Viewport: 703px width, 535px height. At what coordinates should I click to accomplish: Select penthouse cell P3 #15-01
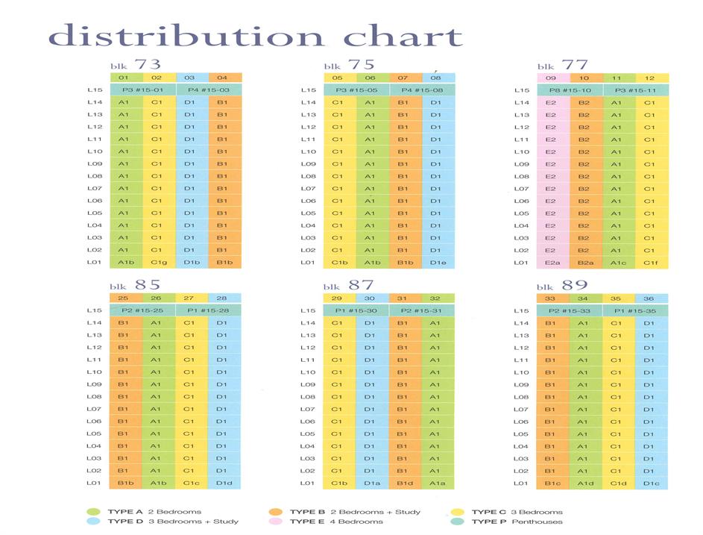pyautogui.click(x=144, y=90)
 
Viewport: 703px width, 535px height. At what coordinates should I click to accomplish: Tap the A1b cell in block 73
pyautogui.click(x=127, y=263)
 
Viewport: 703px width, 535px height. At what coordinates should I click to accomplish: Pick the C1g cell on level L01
pyautogui.click(x=160, y=263)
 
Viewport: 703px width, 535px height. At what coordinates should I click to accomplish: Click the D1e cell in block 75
pyautogui.click(x=438, y=263)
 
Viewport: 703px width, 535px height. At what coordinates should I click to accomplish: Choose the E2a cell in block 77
pyautogui.click(x=552, y=263)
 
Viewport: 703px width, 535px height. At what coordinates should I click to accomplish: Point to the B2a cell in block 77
pyautogui.click(x=585, y=263)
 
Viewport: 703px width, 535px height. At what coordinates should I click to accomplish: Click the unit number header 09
pyautogui.click(x=552, y=78)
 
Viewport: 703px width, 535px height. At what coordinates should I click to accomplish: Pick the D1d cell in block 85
pyautogui.click(x=223, y=483)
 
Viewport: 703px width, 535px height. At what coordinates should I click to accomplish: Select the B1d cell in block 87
pyautogui.click(x=405, y=483)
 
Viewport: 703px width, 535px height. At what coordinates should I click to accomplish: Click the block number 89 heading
pyautogui.click(x=576, y=285)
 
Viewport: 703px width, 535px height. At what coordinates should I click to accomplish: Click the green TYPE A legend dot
pyautogui.click(x=93, y=512)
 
